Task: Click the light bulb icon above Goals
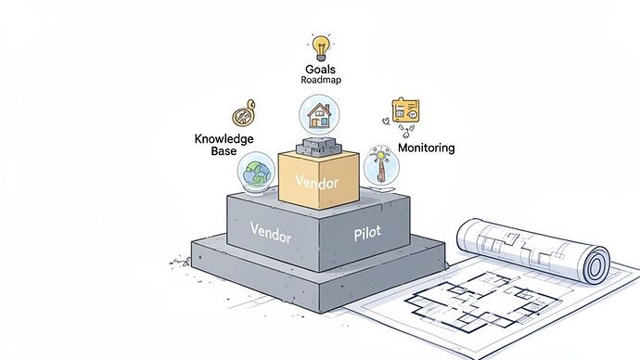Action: pyautogui.click(x=321, y=46)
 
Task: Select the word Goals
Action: pyautogui.click(x=320, y=69)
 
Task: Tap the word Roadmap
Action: pyautogui.click(x=320, y=81)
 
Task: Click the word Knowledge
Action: pyautogui.click(x=224, y=138)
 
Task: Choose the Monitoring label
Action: pyautogui.click(x=426, y=148)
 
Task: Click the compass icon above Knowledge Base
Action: pyautogui.click(x=243, y=115)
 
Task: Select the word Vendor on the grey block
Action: pyautogui.click(x=271, y=233)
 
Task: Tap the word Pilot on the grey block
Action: pyautogui.click(x=367, y=235)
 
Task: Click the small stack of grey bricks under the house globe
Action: pyautogui.click(x=320, y=146)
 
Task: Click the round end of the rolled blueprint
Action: pyautogui.click(x=593, y=264)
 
